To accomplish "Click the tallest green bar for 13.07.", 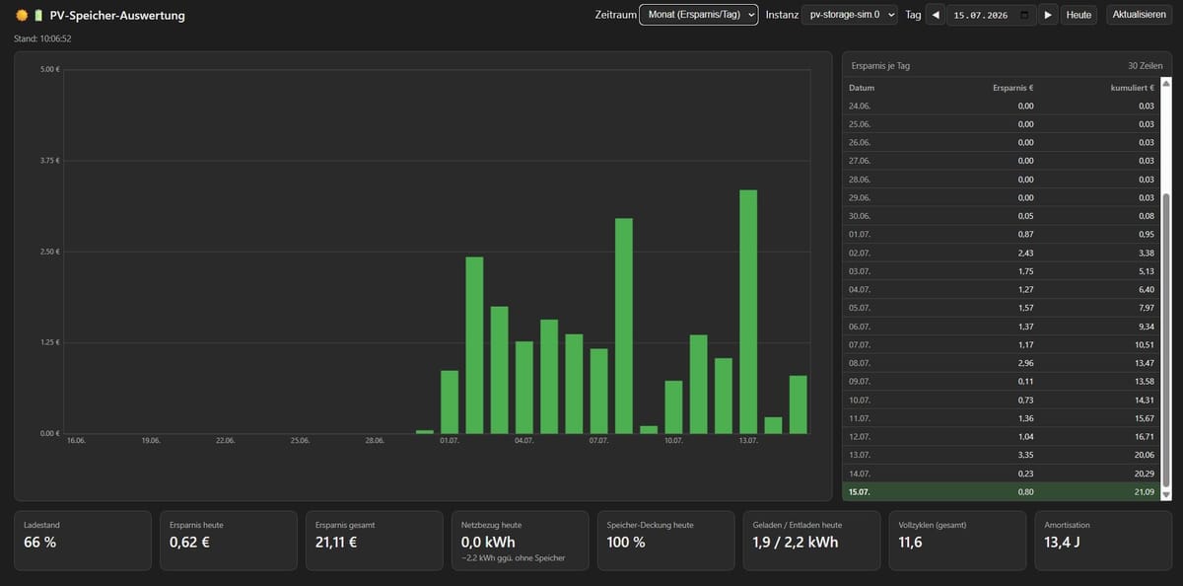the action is (x=748, y=312).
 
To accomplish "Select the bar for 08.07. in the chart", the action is (x=624, y=326).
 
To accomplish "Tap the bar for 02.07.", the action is (x=474, y=345).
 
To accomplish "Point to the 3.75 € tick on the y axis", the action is (x=50, y=161).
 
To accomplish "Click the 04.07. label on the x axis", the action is (x=523, y=441).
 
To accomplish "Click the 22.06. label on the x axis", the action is (x=225, y=441).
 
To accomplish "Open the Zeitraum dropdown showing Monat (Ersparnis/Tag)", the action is (x=699, y=15).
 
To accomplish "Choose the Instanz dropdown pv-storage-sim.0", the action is (x=849, y=15).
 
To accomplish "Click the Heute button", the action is (x=1079, y=15).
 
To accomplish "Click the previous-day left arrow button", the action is (x=936, y=15).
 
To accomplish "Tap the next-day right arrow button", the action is (x=1048, y=15).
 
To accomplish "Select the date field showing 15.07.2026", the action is (x=992, y=15).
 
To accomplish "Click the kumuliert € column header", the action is (x=1133, y=88).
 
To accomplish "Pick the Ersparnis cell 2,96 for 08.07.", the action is (x=1025, y=363).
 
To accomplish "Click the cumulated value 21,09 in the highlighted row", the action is (x=1144, y=492).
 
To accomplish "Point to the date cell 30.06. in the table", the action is (x=860, y=216).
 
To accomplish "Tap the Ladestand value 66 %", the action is (x=39, y=543).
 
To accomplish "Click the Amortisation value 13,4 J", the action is (x=1062, y=543).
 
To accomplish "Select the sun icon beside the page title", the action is (x=22, y=16).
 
